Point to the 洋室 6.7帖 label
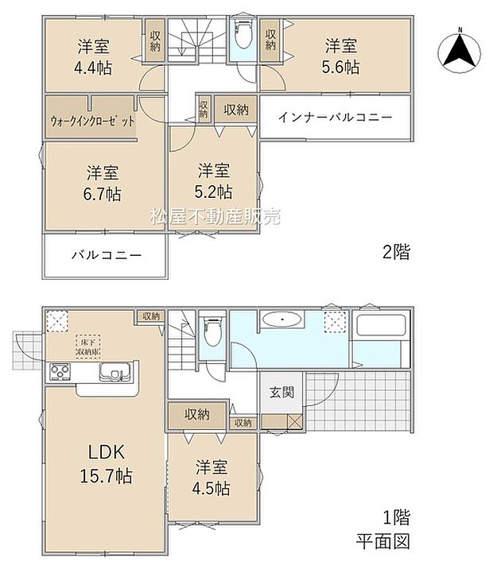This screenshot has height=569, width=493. pyautogui.click(x=103, y=183)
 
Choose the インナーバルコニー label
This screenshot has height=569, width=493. pyautogui.click(x=335, y=118)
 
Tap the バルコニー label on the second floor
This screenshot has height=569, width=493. pyautogui.click(x=107, y=256)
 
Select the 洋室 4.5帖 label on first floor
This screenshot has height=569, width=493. pyautogui.click(x=213, y=478)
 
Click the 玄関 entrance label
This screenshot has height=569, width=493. pyautogui.click(x=279, y=393)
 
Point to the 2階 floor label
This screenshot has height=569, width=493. pyautogui.click(x=397, y=254)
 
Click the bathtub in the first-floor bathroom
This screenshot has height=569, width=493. pyautogui.click(x=381, y=327)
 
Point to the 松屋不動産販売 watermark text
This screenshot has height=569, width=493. pyautogui.click(x=215, y=216)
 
